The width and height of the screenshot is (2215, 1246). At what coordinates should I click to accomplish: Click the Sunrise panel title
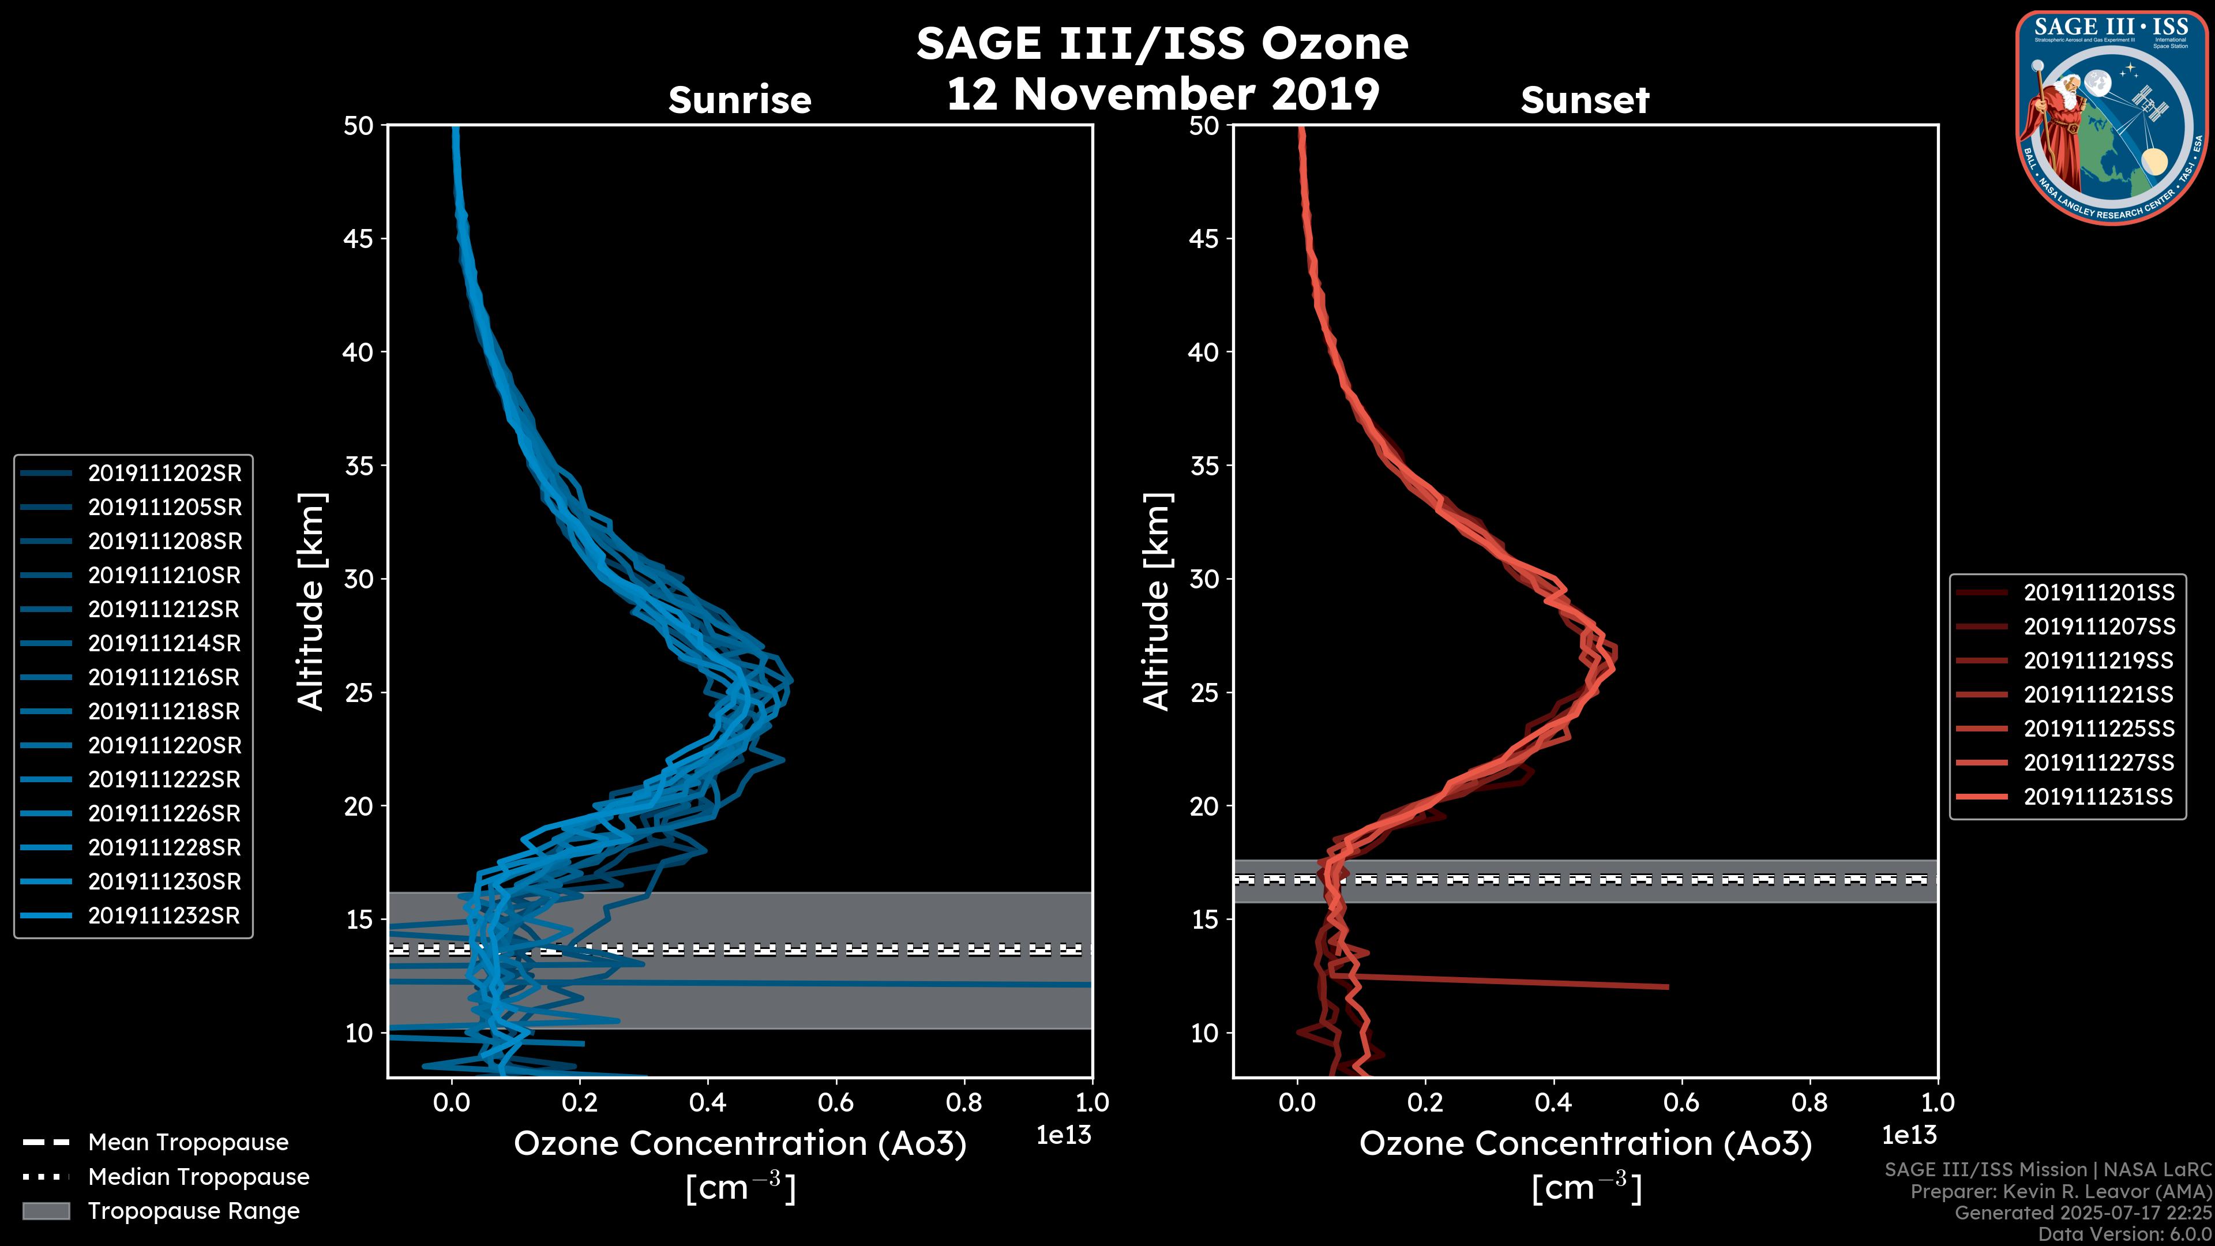click(739, 100)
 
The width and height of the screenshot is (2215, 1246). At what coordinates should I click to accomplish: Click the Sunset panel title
click(1585, 100)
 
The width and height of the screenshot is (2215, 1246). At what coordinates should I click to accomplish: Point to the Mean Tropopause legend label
click(188, 1142)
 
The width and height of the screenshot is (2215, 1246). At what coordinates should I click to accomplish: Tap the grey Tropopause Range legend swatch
click(46, 1211)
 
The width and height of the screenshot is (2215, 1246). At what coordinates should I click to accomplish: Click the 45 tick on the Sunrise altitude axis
click(358, 238)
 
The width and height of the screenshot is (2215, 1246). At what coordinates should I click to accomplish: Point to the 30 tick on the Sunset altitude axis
click(1204, 579)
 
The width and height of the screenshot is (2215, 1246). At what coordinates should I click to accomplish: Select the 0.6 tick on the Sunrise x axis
click(836, 1102)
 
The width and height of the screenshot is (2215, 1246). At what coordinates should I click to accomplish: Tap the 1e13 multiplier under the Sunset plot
click(1909, 1135)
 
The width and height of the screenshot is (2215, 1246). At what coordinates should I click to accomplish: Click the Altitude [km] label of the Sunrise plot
click(311, 601)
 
